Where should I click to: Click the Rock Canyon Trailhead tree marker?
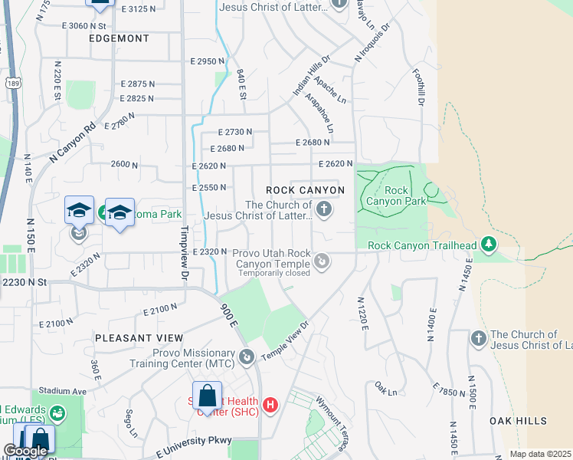tap(487, 245)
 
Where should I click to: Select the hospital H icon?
tap(269, 405)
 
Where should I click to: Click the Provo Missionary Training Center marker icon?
tap(247, 357)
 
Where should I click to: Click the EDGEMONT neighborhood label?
tap(119, 38)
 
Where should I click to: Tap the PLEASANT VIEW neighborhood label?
tap(139, 338)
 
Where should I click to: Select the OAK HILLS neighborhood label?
tap(519, 421)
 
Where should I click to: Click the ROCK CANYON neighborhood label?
tap(305, 190)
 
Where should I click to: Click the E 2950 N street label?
tap(208, 61)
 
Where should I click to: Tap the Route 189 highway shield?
tap(11, 83)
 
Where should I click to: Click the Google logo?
tap(25, 451)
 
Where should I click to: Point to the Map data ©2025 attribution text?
tap(539, 454)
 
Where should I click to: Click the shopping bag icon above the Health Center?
tap(207, 396)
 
